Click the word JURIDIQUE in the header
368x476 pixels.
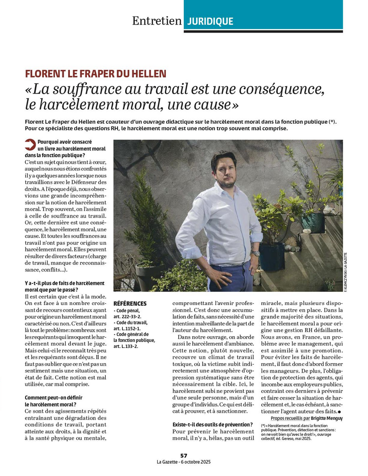(210, 21)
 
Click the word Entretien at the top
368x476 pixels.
(156, 21)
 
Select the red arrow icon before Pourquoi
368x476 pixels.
(30, 145)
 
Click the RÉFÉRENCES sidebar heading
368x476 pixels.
(130, 303)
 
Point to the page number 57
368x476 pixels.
(184, 455)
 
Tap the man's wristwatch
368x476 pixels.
(255, 254)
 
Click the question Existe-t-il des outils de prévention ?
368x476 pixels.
(213, 425)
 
